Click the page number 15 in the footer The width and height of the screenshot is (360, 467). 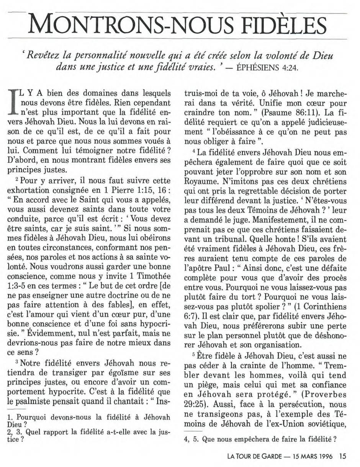click(342, 456)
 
